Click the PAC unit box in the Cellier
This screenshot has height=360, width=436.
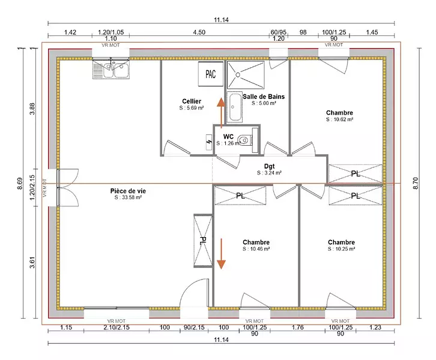coord(211,74)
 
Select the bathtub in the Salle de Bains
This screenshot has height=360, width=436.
coord(234,107)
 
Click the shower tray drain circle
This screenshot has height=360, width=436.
coord(238,75)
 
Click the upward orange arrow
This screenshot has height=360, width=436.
coord(222,113)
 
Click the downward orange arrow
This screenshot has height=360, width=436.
coord(222,254)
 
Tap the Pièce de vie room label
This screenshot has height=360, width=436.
coord(128,191)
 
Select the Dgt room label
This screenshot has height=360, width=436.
coord(269,166)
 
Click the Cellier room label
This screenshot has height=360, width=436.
coord(192,101)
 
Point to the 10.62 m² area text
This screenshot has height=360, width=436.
coord(340,119)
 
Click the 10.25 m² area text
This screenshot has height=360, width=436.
coord(342,249)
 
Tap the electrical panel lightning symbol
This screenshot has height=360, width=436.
coord(209,143)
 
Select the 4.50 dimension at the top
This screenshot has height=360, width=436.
coord(199,32)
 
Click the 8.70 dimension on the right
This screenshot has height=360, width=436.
coord(416,184)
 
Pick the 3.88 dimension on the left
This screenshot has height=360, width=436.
coord(32,109)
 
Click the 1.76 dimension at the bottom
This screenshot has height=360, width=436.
coord(297,327)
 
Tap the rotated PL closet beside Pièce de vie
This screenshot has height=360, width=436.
coord(203,241)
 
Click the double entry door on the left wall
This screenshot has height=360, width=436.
coord(68,187)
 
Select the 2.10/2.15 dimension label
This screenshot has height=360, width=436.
coord(117,327)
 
